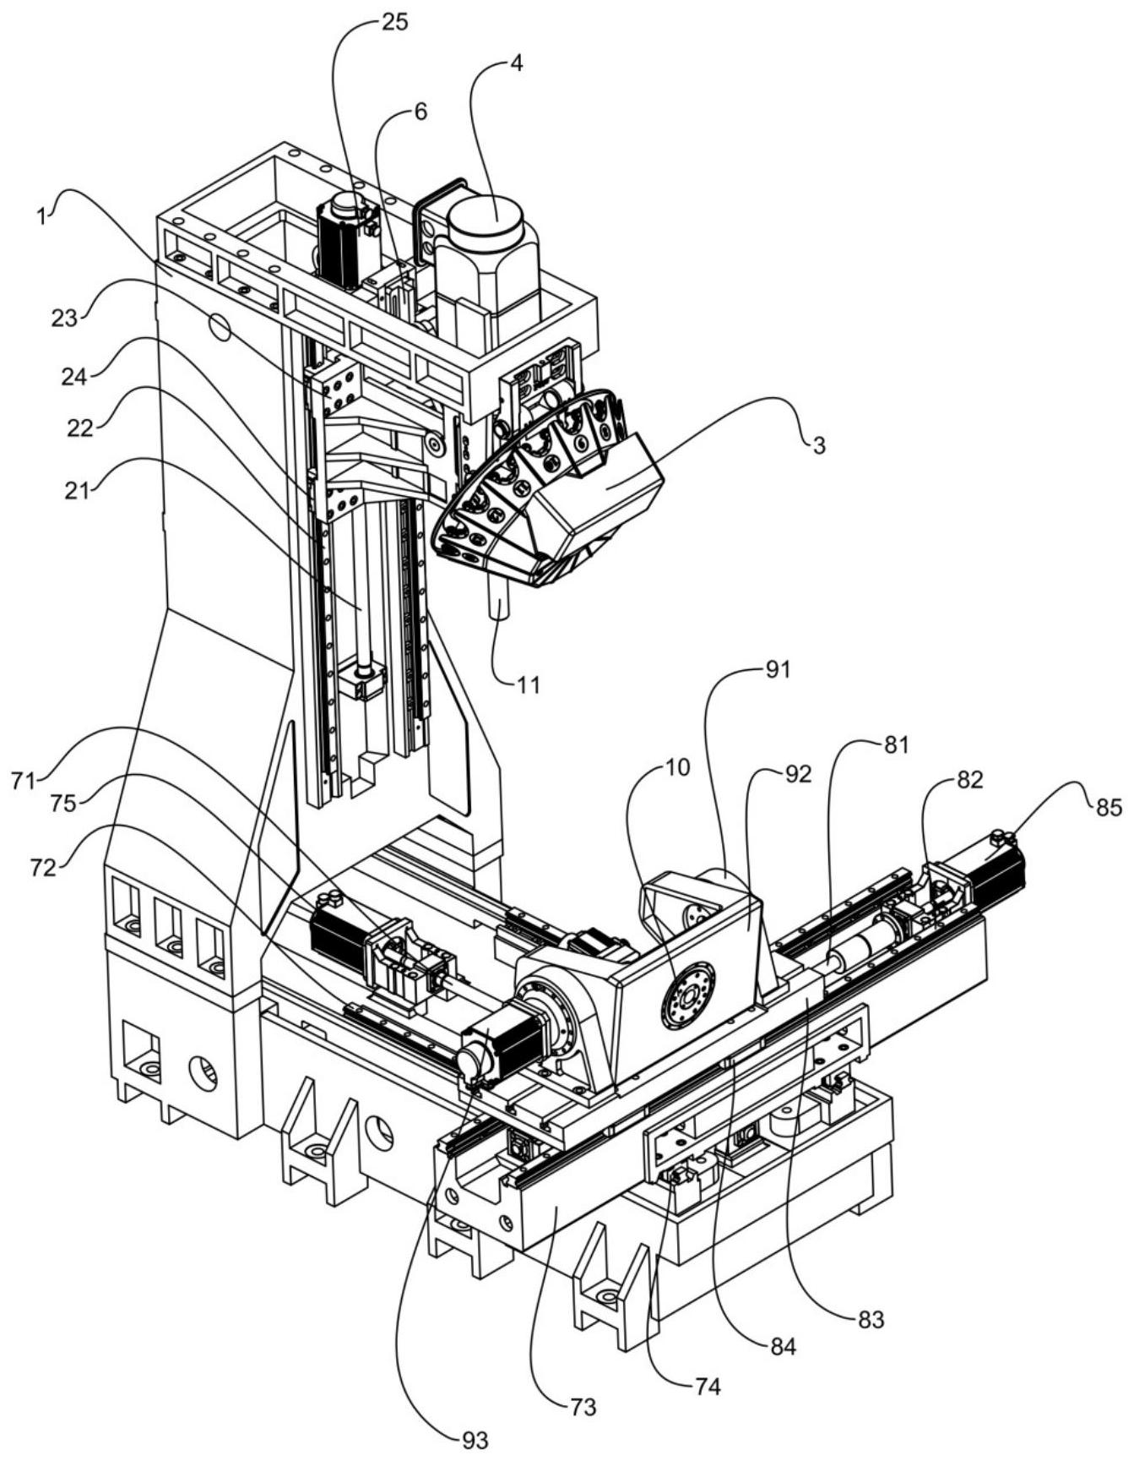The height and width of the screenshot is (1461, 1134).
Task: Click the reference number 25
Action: click(x=394, y=23)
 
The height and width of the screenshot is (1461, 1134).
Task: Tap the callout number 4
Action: click(x=516, y=63)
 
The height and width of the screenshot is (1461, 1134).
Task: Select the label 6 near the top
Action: click(x=420, y=112)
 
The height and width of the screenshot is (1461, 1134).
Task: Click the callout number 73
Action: click(x=583, y=1406)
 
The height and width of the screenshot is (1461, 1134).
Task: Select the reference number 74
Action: click(x=707, y=1387)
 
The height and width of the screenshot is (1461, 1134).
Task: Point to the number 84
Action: click(x=783, y=1346)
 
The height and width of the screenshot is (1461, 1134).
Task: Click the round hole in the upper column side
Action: click(x=221, y=326)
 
